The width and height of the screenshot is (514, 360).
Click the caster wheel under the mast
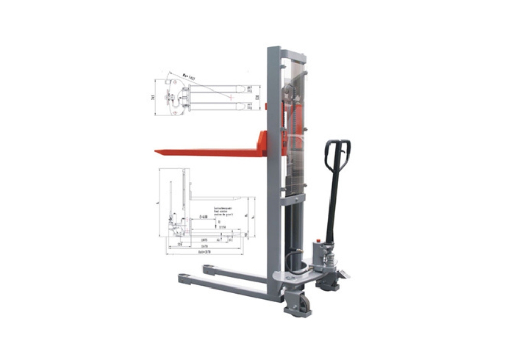point(302,303)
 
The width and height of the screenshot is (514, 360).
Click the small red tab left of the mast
point(266,106)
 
